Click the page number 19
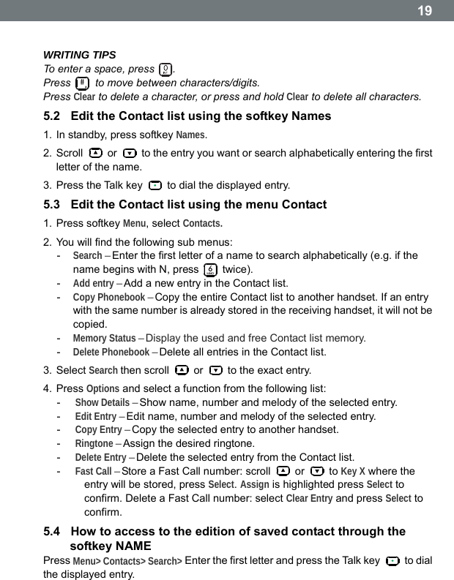[425, 11]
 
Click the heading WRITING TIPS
[79, 55]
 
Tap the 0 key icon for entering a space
[166, 69]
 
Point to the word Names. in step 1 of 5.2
[191, 135]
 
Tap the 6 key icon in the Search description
[210, 269]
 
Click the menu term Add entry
[93, 283]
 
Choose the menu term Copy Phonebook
[108, 297]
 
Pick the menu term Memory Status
[104, 338]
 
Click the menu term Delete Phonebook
[111, 352]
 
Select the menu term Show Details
[103, 402]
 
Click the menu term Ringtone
[94, 443]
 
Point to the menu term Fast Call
[94, 471]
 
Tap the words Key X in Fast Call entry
[354, 471]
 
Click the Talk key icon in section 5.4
[392, 561]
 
